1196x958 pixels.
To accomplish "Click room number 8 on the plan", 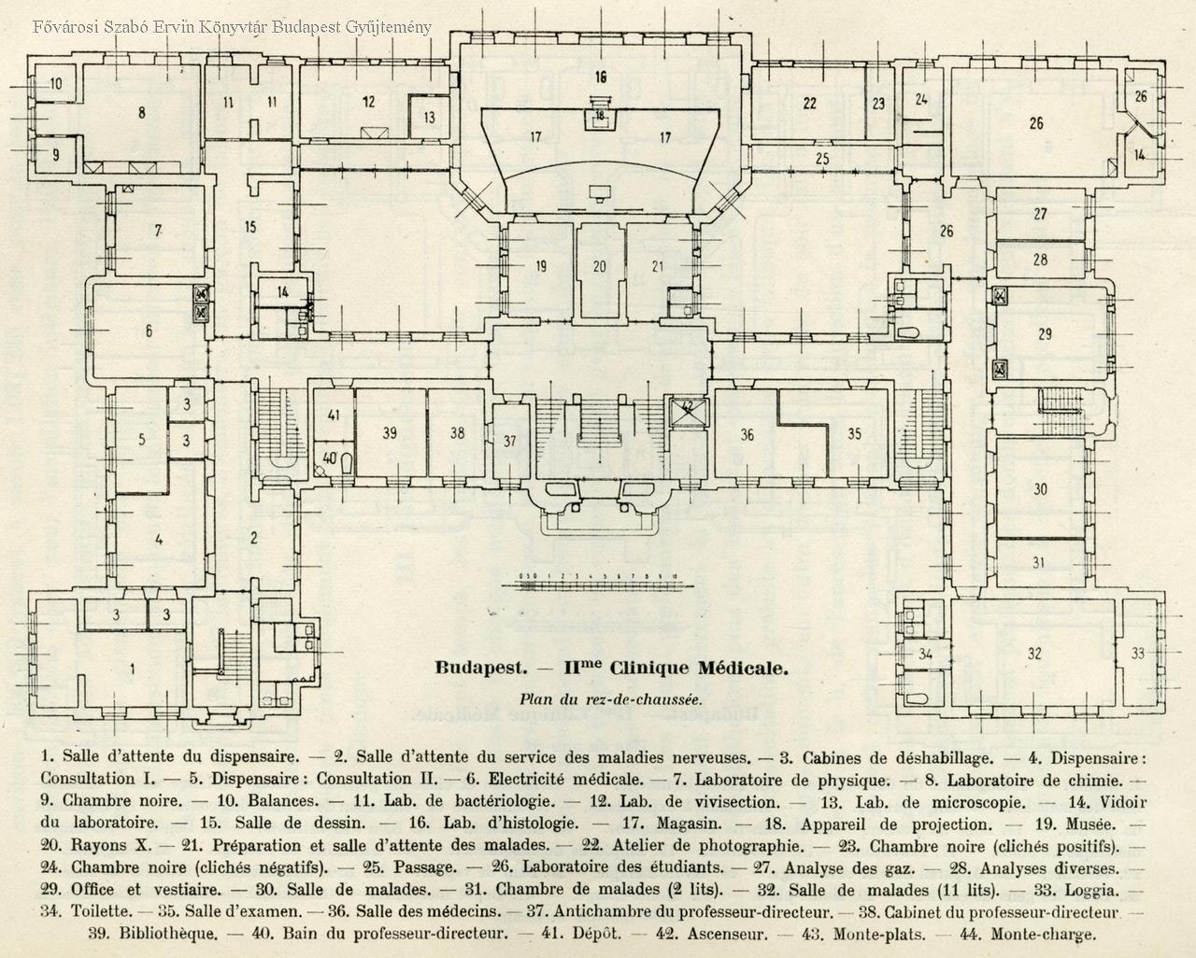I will [141, 113].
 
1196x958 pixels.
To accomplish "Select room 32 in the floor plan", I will [1033, 654].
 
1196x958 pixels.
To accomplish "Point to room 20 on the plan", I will [599, 266].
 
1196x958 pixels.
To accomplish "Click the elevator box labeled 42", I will [687, 409].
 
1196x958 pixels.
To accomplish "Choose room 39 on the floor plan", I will [390, 432].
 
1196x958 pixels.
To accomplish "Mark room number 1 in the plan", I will [132, 668].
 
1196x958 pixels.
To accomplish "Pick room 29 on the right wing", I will [1045, 333].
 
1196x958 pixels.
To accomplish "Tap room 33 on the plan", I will [1137, 653].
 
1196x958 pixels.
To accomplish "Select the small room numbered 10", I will [55, 84].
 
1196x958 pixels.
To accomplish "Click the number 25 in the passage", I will [821, 159].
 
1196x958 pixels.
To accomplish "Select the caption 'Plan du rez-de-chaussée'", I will [610, 698].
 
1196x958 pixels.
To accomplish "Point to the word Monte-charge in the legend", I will [1043, 932].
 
